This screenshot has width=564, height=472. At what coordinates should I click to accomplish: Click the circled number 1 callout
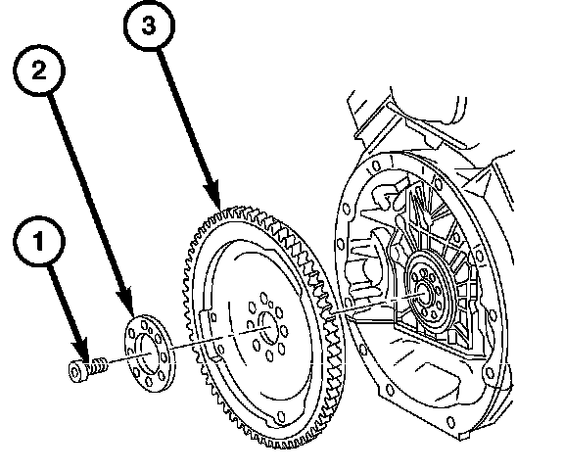coord(39,242)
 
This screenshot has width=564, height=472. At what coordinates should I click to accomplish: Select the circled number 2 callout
coord(39,71)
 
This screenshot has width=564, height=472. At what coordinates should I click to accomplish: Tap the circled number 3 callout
coord(149,25)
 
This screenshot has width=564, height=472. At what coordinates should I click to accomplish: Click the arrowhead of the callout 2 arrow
coord(126,301)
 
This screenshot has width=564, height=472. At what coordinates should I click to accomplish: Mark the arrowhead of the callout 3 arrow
coord(212,195)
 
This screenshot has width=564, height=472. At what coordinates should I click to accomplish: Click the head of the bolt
coord(77,371)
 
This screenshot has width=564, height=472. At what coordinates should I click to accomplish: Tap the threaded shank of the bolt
coord(97,366)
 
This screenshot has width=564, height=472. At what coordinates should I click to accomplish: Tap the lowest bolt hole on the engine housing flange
coord(450,421)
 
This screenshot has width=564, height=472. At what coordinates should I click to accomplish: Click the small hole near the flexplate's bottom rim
coord(281,417)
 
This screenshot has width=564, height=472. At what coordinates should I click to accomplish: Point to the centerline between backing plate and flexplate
coord(220,338)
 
